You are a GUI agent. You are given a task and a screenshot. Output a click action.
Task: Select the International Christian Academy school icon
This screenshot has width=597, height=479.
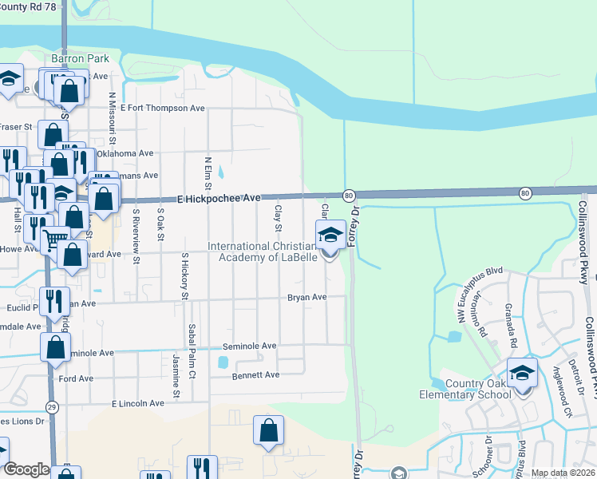coord(330,235)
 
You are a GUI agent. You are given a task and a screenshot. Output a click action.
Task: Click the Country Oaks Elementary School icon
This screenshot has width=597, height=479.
coord(522,373)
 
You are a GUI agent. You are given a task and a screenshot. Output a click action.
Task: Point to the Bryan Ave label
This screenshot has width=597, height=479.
coord(307,297)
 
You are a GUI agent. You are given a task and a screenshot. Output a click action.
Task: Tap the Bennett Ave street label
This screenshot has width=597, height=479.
coord(255,374)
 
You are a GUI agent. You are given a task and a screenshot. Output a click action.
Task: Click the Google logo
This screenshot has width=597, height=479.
coord(26,469)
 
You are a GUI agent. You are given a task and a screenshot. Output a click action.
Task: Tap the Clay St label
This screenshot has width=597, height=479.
coord(279,214)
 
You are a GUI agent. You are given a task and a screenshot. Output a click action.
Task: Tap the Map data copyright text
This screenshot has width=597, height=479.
coord(562,473)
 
